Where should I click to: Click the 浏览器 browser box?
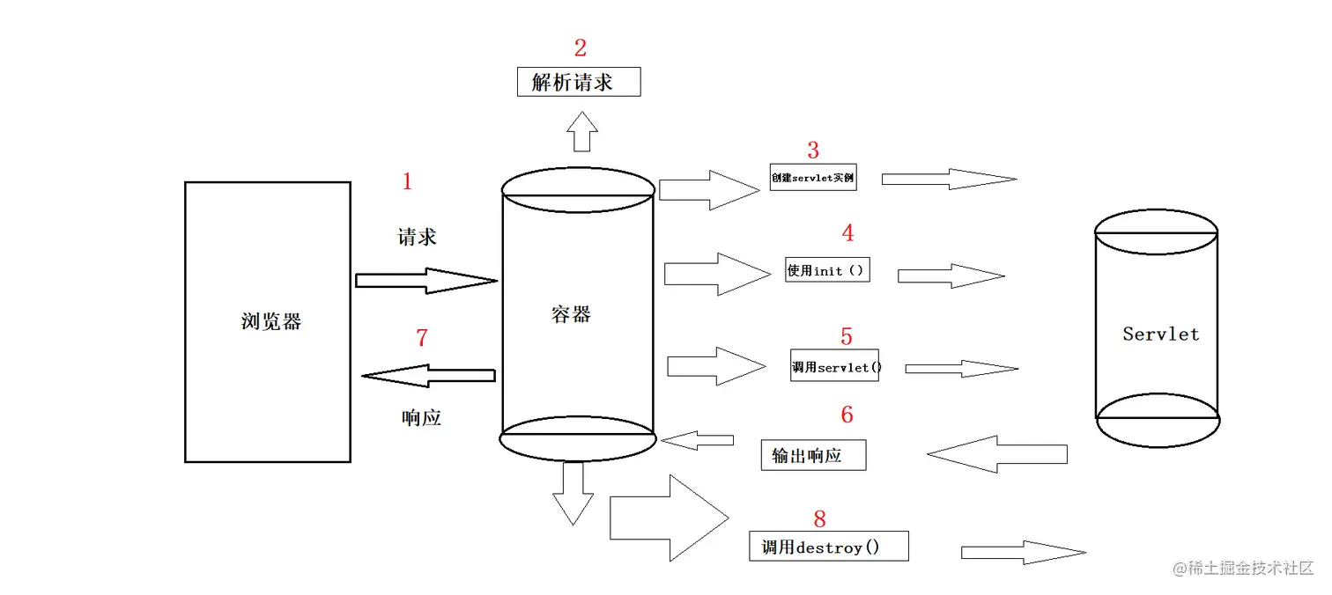[x=267, y=321]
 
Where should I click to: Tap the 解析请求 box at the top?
[x=578, y=83]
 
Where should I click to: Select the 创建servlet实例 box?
[x=812, y=178]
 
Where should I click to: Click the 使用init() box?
[x=827, y=269]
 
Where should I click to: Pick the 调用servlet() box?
[x=835, y=366]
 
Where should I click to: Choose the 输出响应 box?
[x=812, y=455]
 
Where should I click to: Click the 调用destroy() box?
[x=828, y=547]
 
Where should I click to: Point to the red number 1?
[x=407, y=182]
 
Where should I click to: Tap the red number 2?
[x=580, y=48]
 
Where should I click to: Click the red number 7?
[x=421, y=338]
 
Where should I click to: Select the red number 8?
[x=819, y=518]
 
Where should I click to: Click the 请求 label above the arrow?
[x=417, y=237]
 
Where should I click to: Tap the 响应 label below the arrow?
[x=420, y=418]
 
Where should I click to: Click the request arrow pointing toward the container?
[x=426, y=281]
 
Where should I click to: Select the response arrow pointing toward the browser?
[x=428, y=376]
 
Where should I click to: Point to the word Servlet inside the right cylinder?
[x=1160, y=334]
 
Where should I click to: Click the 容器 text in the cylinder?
[x=570, y=315]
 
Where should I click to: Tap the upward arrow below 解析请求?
[x=581, y=132]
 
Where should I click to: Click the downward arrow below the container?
[x=572, y=493]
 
